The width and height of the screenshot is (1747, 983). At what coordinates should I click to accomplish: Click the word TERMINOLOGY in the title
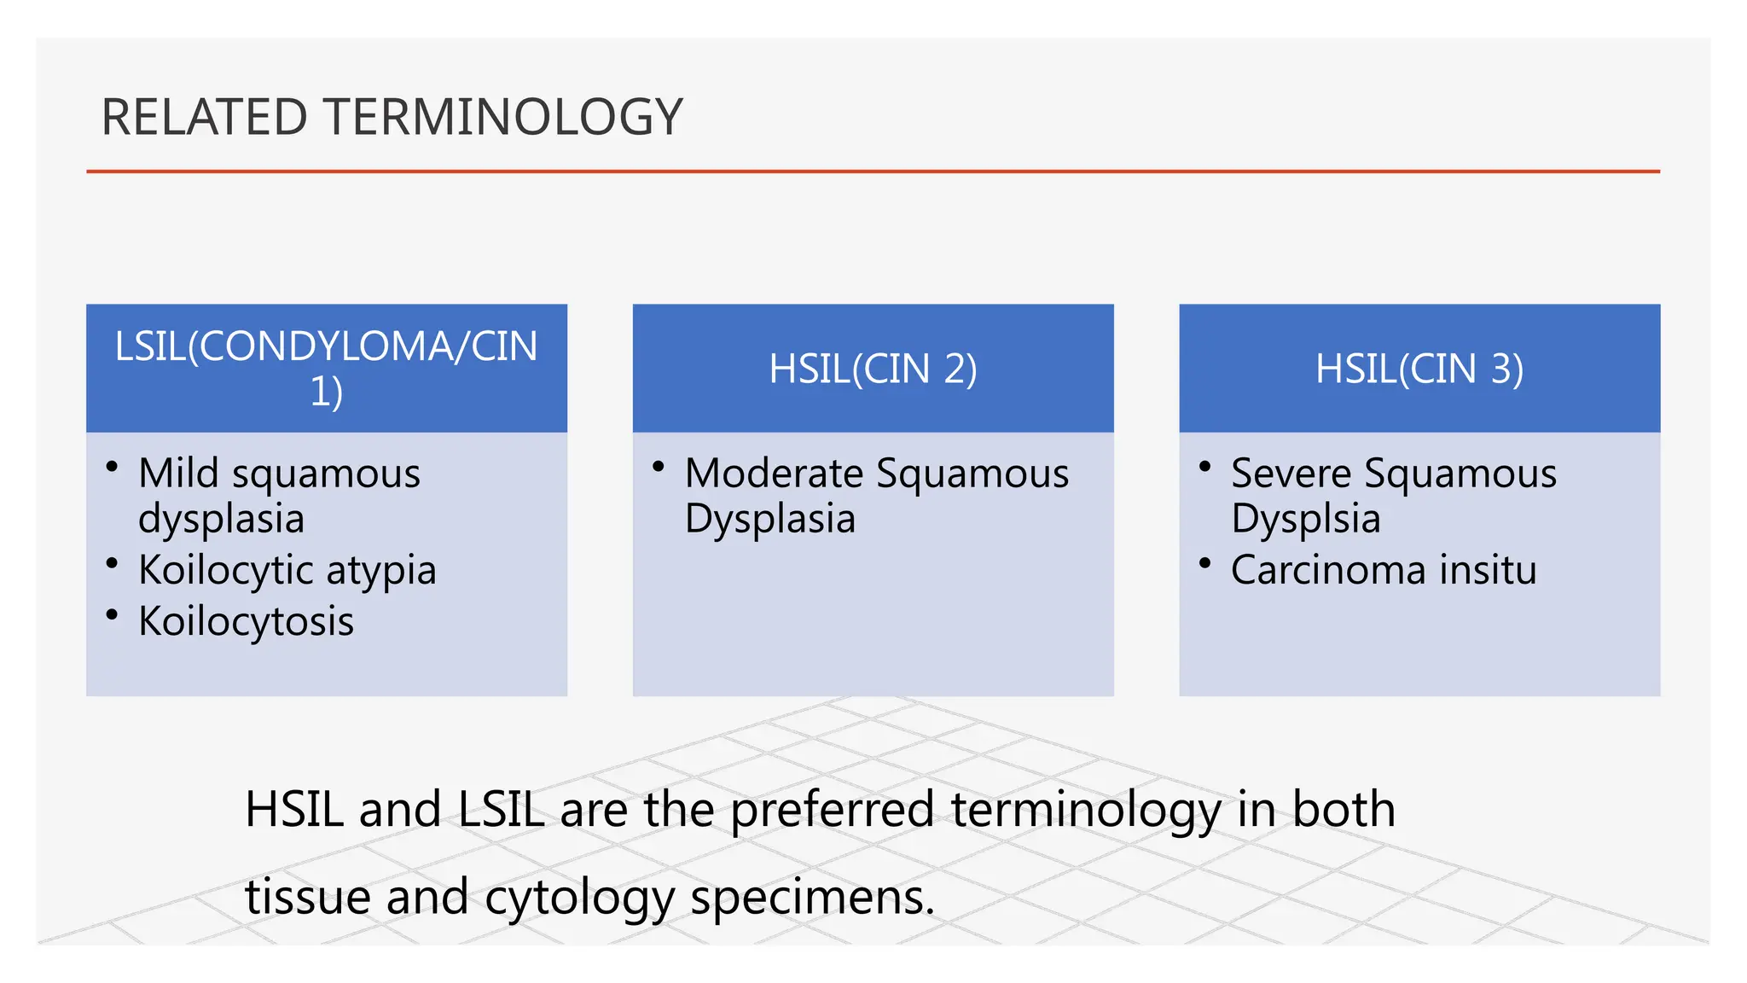click(x=504, y=117)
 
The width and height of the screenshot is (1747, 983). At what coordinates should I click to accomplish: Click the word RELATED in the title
click(x=204, y=117)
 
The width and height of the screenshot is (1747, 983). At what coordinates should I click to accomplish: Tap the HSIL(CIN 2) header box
click(x=873, y=369)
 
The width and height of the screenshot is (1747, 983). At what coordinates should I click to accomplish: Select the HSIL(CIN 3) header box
click(x=1419, y=369)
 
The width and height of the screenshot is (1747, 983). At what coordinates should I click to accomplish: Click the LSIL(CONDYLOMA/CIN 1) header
click(x=326, y=369)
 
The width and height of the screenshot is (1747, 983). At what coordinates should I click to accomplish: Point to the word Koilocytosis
click(x=246, y=621)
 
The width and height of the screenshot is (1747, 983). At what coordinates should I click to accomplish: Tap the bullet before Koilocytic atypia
click(x=112, y=563)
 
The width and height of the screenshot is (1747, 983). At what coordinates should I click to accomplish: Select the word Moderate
click(x=774, y=474)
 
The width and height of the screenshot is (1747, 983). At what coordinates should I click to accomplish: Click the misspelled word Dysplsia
click(x=1305, y=519)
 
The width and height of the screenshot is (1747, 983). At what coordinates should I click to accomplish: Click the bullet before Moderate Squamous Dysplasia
click(x=658, y=467)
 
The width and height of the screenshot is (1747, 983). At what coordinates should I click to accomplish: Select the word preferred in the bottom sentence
click(x=832, y=809)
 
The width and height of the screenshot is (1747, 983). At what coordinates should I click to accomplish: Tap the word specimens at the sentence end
click(x=812, y=898)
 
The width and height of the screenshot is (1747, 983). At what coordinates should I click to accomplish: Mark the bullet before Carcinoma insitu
click(x=1204, y=563)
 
